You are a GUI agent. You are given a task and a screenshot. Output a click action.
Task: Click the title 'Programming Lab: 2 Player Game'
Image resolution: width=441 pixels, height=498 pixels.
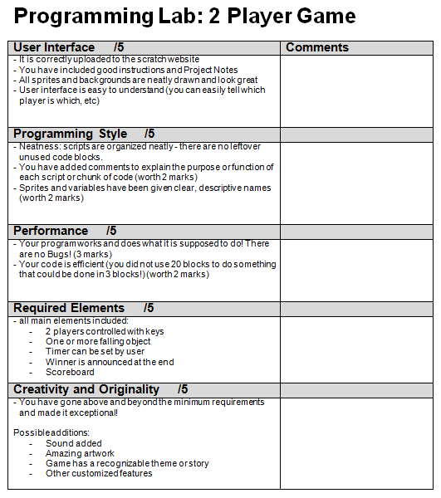click(x=185, y=16)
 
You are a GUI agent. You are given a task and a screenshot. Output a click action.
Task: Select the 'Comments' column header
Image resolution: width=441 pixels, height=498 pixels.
click(x=317, y=47)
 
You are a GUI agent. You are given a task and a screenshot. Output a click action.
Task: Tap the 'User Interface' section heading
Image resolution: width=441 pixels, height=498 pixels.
click(x=54, y=47)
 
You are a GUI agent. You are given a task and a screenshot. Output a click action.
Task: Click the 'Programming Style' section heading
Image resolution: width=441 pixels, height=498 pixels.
click(x=71, y=134)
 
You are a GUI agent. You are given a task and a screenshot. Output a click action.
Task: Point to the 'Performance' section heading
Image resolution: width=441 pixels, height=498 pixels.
click(x=51, y=230)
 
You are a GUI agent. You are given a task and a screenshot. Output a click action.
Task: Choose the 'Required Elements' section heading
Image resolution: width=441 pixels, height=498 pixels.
click(x=69, y=308)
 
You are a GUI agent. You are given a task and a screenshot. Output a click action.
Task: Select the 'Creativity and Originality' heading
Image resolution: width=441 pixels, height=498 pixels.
click(x=86, y=389)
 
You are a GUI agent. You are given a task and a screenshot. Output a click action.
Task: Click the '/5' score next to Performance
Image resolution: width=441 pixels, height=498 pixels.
click(x=111, y=230)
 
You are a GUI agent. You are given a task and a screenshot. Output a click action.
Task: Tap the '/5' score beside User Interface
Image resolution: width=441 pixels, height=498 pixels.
click(x=120, y=47)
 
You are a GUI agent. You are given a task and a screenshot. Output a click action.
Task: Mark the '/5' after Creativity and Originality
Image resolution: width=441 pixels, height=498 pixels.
click(x=183, y=389)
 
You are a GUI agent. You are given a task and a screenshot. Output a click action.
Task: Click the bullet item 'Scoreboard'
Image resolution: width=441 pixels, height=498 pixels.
click(x=70, y=372)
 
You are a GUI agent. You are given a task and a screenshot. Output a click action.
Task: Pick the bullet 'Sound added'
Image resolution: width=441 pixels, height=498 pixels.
click(x=74, y=443)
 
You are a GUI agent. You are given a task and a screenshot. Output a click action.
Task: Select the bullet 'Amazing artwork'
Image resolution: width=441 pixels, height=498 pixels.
click(x=81, y=453)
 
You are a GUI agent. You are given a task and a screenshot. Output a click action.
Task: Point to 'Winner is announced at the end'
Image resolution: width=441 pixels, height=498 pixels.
click(x=110, y=362)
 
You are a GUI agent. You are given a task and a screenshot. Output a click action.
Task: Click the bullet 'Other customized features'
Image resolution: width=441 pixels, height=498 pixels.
click(x=99, y=473)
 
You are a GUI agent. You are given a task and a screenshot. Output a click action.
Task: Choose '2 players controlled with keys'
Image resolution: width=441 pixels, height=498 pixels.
click(x=105, y=331)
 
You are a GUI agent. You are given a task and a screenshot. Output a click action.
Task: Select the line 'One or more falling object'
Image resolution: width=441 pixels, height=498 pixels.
click(x=98, y=341)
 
